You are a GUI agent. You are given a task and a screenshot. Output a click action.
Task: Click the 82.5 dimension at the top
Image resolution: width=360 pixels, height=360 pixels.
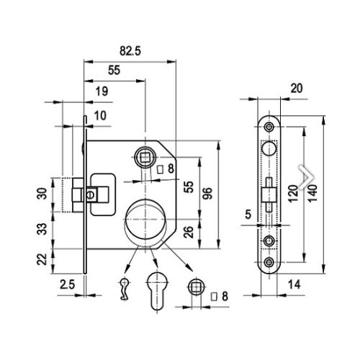tap(130, 51)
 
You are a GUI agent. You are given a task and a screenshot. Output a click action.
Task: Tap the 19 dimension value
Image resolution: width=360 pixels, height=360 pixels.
tap(102, 91)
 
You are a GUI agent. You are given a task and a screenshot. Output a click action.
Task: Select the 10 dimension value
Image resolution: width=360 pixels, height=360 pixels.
tap(100, 116)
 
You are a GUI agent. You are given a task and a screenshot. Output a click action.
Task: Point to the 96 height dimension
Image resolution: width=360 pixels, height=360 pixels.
tap(207, 194)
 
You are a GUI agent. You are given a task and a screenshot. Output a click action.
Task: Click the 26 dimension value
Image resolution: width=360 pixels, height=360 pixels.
tap(189, 232)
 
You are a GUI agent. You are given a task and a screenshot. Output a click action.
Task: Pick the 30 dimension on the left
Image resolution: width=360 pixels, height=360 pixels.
tap(42, 194)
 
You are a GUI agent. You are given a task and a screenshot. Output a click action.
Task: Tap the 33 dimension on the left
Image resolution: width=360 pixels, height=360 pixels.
tap(42, 229)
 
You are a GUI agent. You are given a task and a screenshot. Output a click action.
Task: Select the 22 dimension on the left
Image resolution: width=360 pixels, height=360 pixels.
tap(42, 259)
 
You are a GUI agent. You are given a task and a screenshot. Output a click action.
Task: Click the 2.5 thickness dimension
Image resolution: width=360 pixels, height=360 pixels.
tap(68, 284)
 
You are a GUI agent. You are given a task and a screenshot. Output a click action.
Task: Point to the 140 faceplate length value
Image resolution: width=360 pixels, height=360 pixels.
tap(312, 194)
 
